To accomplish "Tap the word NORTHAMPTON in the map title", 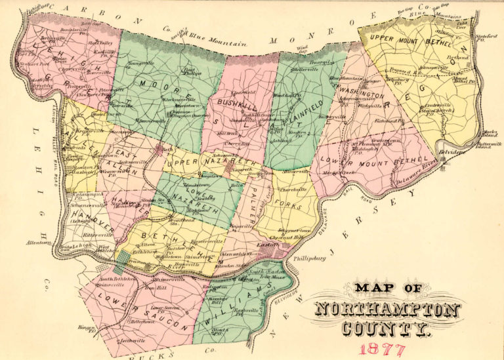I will point(387,310).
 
